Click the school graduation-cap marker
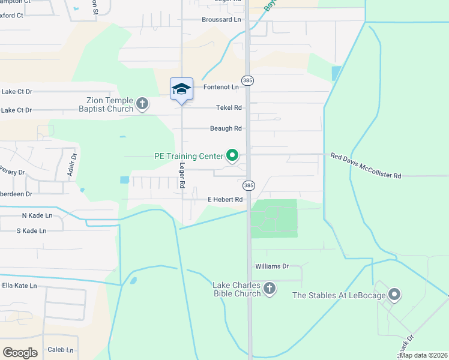point(181,89)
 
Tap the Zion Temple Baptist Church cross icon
point(142,103)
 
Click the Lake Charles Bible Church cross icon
point(270,289)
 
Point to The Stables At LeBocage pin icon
point(394,295)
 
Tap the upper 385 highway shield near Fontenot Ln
point(247,80)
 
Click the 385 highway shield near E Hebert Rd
point(249,185)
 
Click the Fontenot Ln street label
point(221,87)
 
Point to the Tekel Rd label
point(229,108)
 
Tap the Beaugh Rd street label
point(226,128)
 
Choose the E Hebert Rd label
point(224,199)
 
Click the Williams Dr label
point(272,266)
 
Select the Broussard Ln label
point(221,19)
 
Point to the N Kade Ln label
point(37,215)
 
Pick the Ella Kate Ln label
point(19,286)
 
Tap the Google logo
point(20,352)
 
